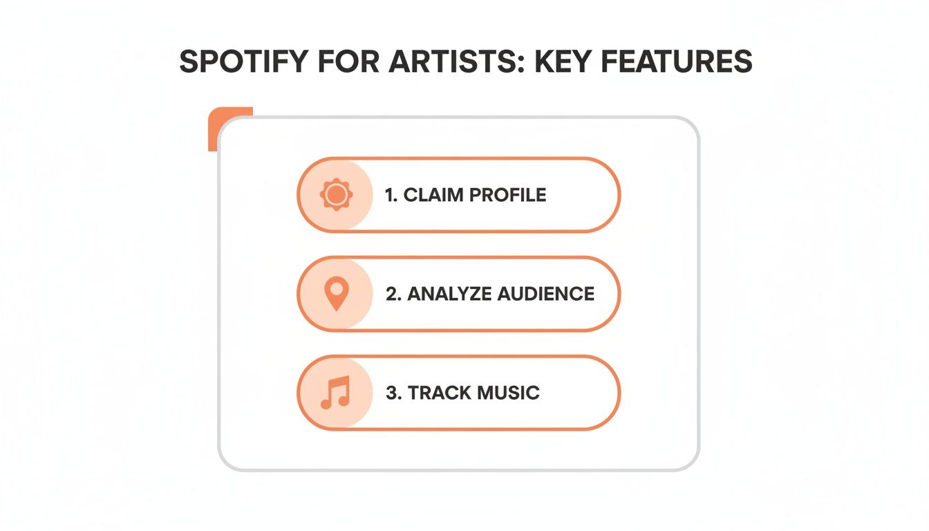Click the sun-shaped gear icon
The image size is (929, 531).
tap(336, 195)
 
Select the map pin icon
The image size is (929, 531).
tap(336, 294)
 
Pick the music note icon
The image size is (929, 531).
tap(336, 393)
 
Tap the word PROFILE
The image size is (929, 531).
tap(508, 195)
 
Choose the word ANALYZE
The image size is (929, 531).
tap(449, 294)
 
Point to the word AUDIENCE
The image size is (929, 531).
tap(545, 294)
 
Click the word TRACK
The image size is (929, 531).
tap(435, 393)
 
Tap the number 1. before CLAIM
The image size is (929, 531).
tap(391, 195)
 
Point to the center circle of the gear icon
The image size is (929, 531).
tap(336, 195)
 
